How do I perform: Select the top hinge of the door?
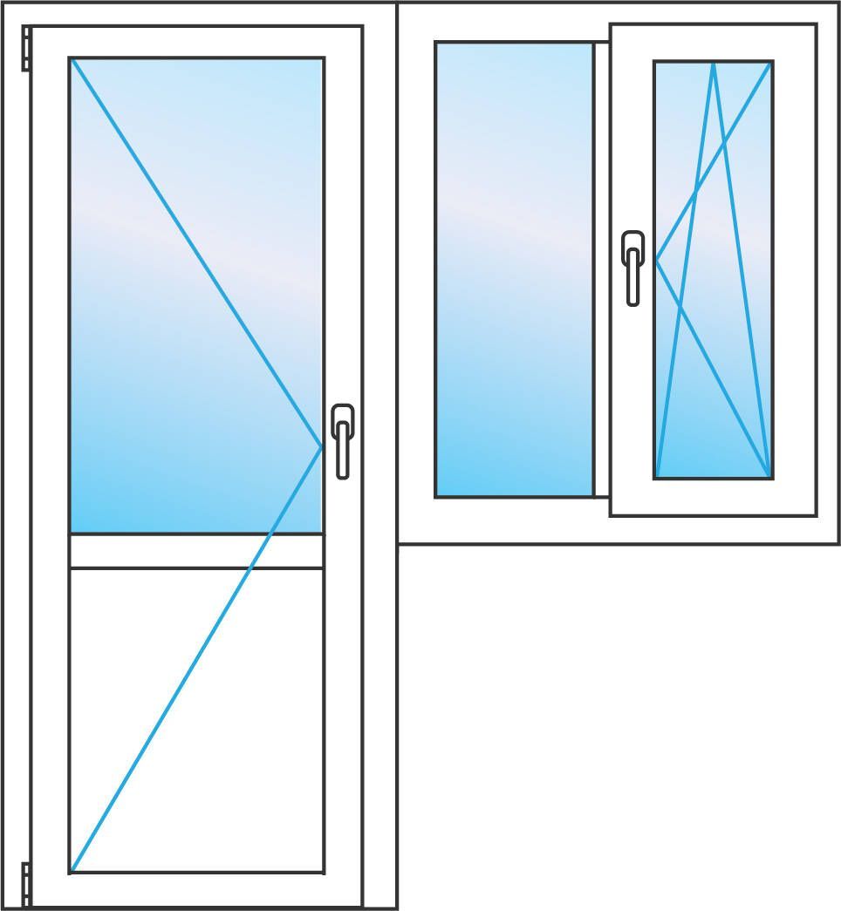[x=26, y=48]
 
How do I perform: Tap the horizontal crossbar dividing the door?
[x=196, y=550]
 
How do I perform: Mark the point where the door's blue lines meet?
[x=322, y=445]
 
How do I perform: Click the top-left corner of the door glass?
[x=72, y=59]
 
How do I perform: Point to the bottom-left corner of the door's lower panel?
[x=72, y=871]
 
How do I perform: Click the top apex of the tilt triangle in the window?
[x=714, y=63]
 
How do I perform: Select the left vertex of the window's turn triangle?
[x=656, y=259]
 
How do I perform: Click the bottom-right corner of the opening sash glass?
[x=771, y=477]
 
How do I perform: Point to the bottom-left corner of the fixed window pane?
[x=436, y=496]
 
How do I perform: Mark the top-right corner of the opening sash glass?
[x=771, y=63]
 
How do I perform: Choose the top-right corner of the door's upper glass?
[x=323, y=59]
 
